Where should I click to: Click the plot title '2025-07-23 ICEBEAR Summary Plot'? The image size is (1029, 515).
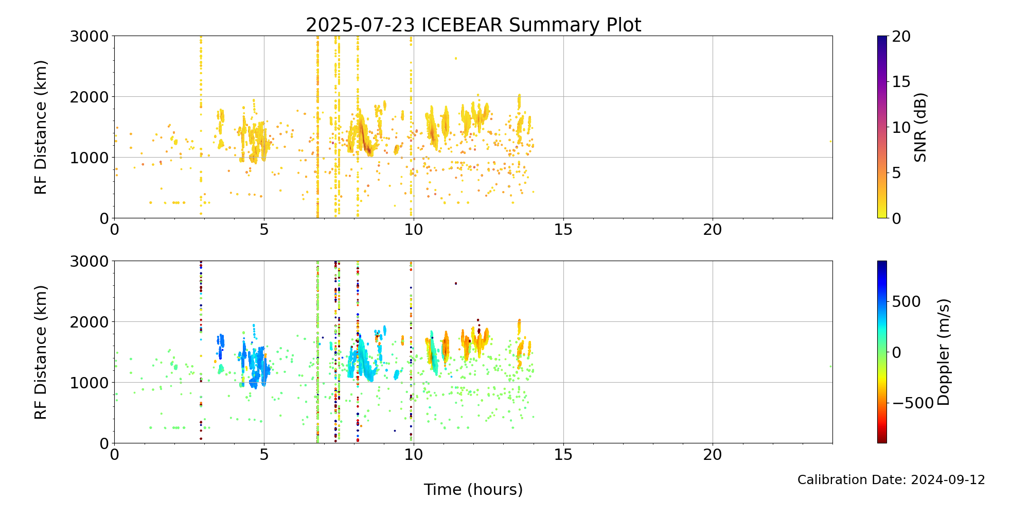pyautogui.click(x=473, y=25)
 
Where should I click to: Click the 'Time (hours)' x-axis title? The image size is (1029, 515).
pyautogui.click(x=473, y=489)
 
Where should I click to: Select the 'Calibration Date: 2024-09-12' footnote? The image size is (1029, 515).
pyautogui.click(x=891, y=480)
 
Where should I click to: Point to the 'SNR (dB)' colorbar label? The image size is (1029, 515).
pyautogui.click(x=920, y=127)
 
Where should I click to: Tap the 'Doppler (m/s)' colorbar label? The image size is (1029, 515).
pyautogui.click(x=944, y=352)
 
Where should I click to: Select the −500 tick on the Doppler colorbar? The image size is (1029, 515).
pyautogui.click(x=913, y=403)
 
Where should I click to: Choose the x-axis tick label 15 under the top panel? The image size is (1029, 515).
pyautogui.click(x=563, y=229)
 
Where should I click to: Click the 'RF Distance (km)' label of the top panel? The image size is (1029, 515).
pyautogui.click(x=41, y=127)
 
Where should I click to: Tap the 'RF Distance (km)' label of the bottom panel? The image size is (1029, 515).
pyautogui.click(x=41, y=352)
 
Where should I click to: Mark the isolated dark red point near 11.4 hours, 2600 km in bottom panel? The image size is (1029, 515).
pyautogui.click(x=455, y=283)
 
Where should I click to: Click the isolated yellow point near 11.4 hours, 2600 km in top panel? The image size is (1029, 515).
pyautogui.click(x=455, y=58)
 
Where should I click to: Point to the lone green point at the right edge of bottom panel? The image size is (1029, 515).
pyautogui.click(x=830, y=366)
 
